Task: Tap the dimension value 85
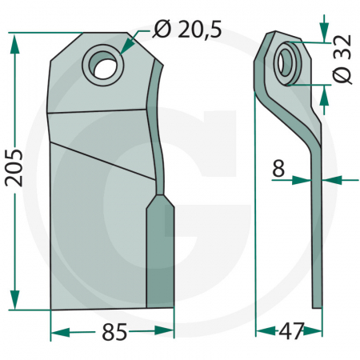(115, 333)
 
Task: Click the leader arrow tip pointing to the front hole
(124, 51)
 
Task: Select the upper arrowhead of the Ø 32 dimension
(323, 37)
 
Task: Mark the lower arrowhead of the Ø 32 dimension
(323, 90)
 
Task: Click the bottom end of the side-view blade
(318, 304)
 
